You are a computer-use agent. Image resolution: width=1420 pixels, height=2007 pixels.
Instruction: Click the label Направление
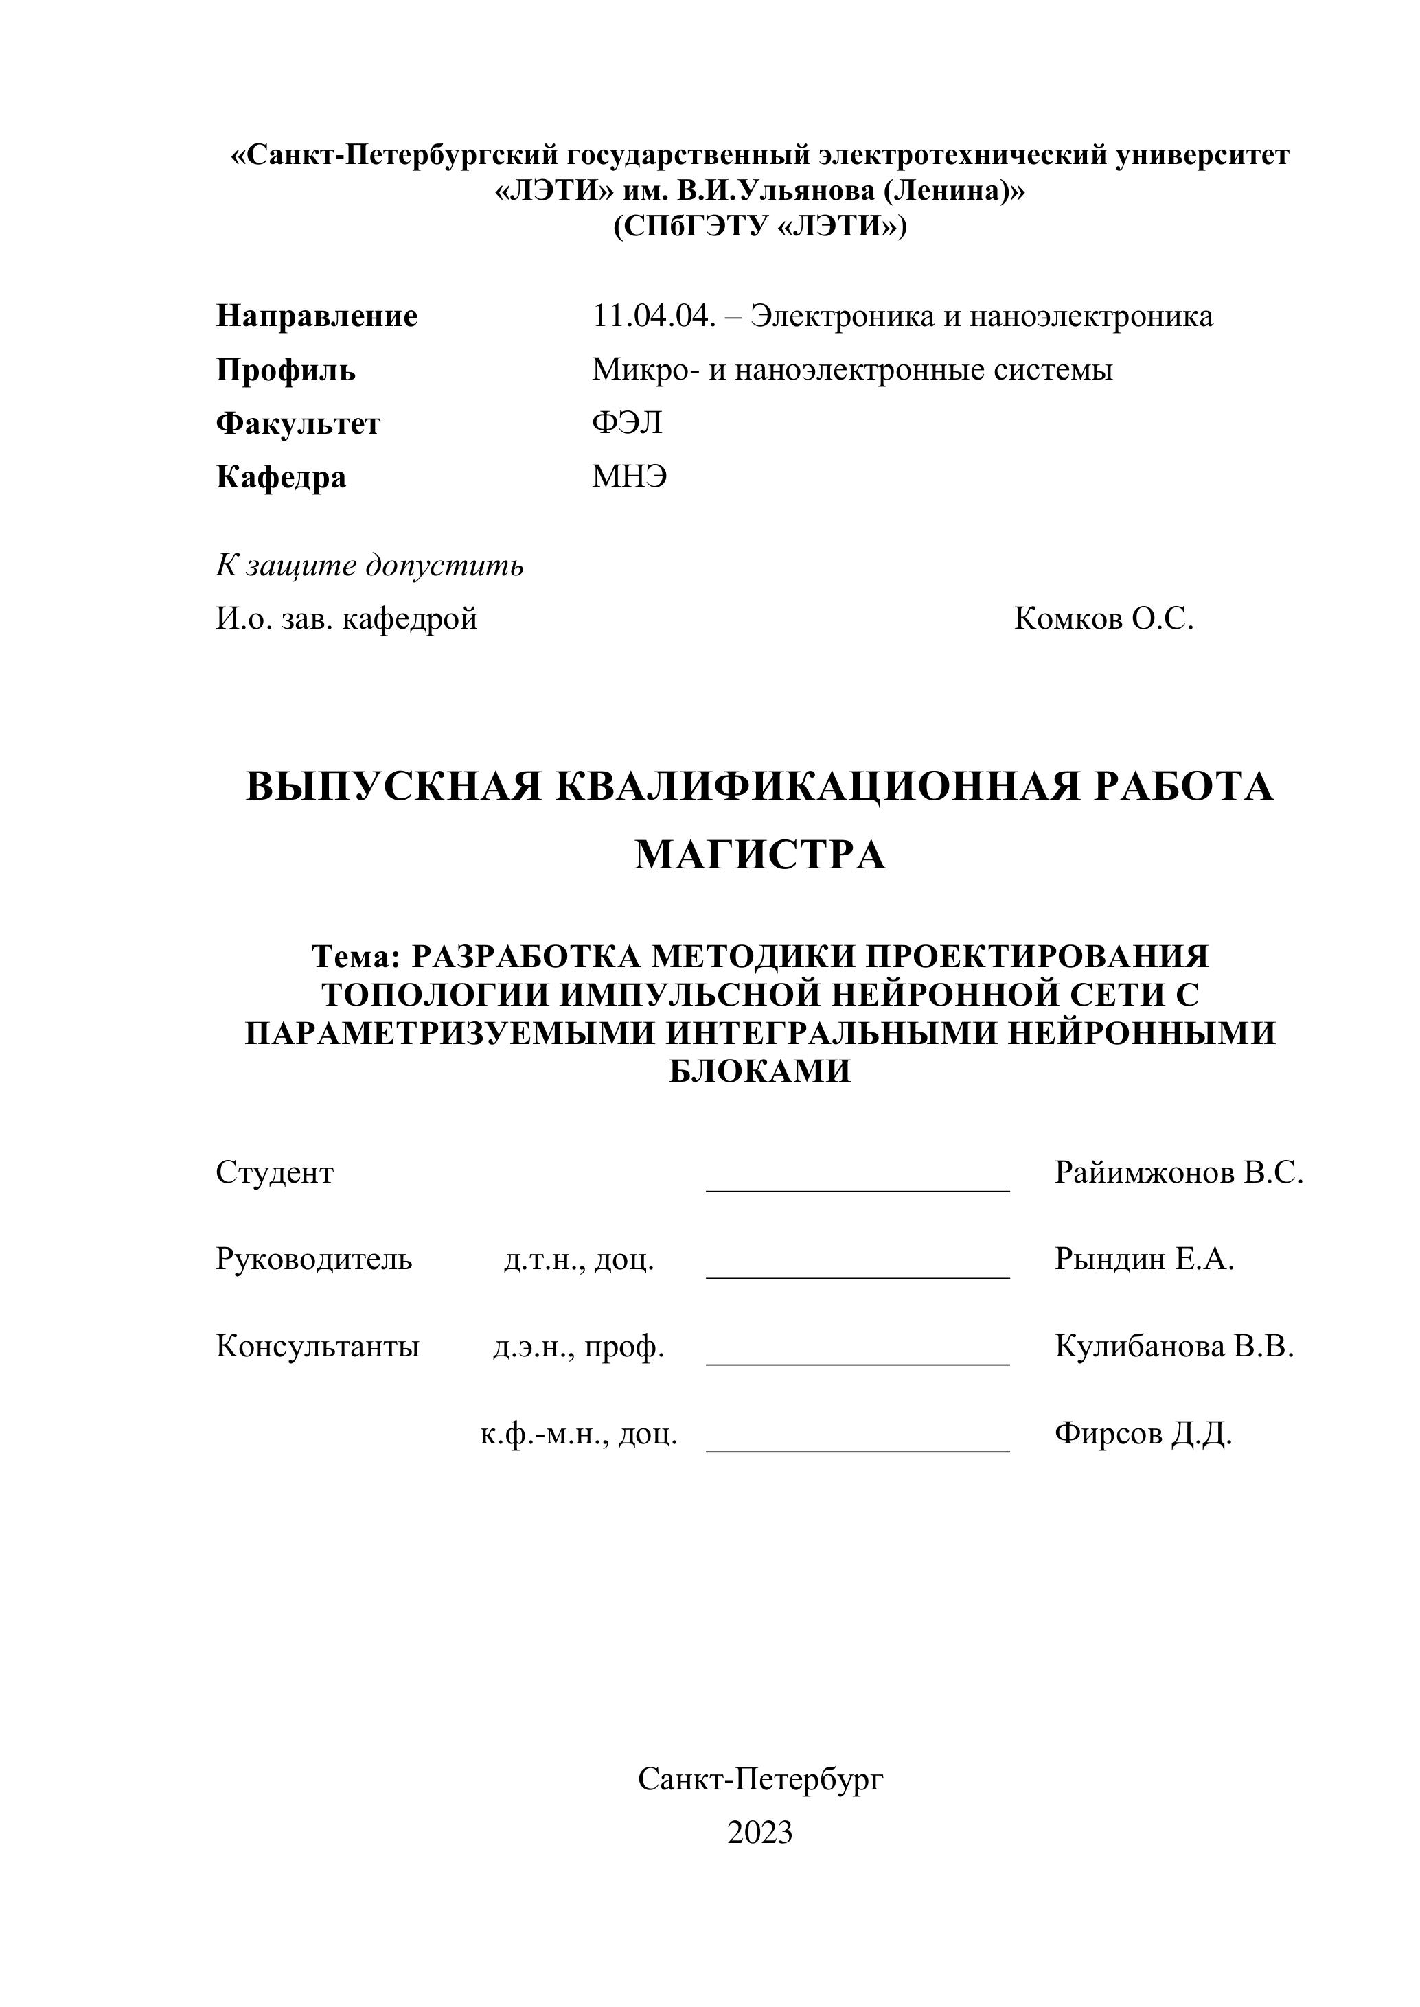(x=317, y=316)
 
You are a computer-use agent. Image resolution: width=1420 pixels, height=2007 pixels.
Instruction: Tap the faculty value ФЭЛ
(x=627, y=424)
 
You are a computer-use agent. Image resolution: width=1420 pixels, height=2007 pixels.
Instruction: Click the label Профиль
(x=285, y=371)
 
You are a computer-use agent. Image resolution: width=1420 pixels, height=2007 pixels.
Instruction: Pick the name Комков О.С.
(x=1103, y=620)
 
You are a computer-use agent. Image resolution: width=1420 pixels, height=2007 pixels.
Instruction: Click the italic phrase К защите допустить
(x=370, y=566)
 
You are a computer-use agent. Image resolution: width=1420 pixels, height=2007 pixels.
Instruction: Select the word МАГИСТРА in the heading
(x=760, y=856)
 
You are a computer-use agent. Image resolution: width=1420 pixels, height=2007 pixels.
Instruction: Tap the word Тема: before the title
(x=356, y=958)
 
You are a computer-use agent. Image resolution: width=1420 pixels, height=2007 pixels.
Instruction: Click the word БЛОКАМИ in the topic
(x=760, y=1071)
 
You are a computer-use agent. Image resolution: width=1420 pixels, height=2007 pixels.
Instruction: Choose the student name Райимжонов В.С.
(x=1179, y=1173)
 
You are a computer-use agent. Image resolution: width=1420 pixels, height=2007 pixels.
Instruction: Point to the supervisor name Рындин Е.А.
(x=1144, y=1260)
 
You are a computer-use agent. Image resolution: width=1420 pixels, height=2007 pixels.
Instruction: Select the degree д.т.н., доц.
(x=579, y=1260)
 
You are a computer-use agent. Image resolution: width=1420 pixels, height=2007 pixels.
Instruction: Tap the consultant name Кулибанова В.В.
(x=1173, y=1347)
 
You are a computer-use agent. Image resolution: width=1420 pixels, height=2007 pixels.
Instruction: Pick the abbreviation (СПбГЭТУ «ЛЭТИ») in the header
(x=760, y=227)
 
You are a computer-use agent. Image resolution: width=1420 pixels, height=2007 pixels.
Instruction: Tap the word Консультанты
(x=317, y=1347)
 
